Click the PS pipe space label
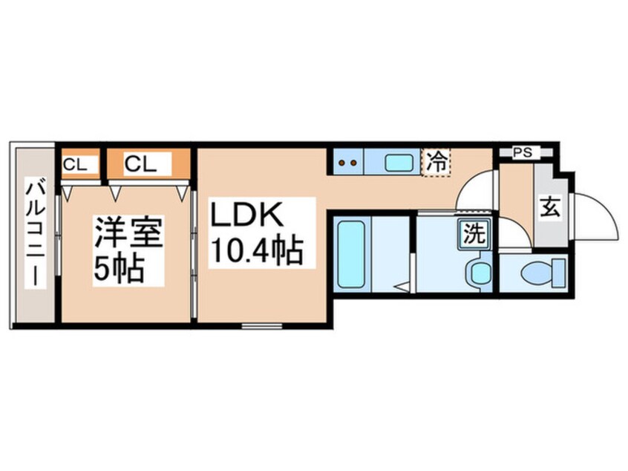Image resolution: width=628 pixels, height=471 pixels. click(523, 152)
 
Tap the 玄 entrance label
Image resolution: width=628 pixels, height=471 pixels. click(550, 207)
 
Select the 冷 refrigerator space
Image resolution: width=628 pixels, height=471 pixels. click(436, 162)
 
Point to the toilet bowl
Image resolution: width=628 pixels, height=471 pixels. click(535, 275)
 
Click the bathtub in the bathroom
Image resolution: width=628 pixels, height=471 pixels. click(351, 255)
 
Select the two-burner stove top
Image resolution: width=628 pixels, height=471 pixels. click(348, 163)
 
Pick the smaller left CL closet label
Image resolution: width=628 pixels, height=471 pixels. click(75, 164)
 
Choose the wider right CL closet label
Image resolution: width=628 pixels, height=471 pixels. click(140, 164)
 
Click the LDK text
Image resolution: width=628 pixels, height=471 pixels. click(246, 215)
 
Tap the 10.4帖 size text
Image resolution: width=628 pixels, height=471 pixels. click(256, 250)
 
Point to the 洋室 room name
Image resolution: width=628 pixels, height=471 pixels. click(128, 231)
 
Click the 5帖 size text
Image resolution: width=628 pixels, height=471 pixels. click(119, 269)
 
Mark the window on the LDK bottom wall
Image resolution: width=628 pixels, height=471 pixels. click(262, 326)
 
